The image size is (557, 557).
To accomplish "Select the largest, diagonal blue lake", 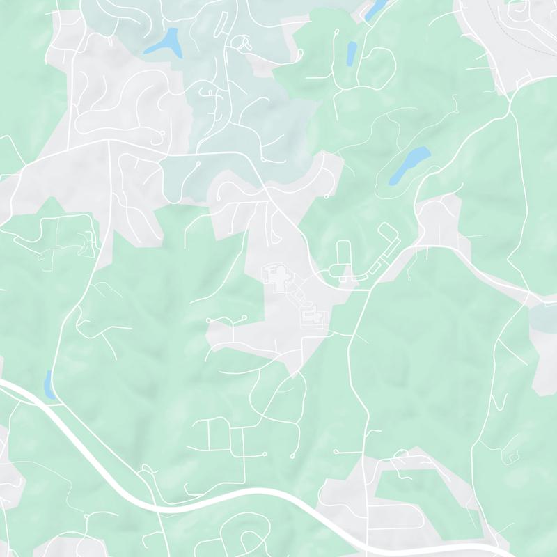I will pos(409,165).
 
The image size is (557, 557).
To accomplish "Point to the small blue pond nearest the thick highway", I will pos(49,384).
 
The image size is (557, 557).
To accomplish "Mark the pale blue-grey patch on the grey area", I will pos(543,317).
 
